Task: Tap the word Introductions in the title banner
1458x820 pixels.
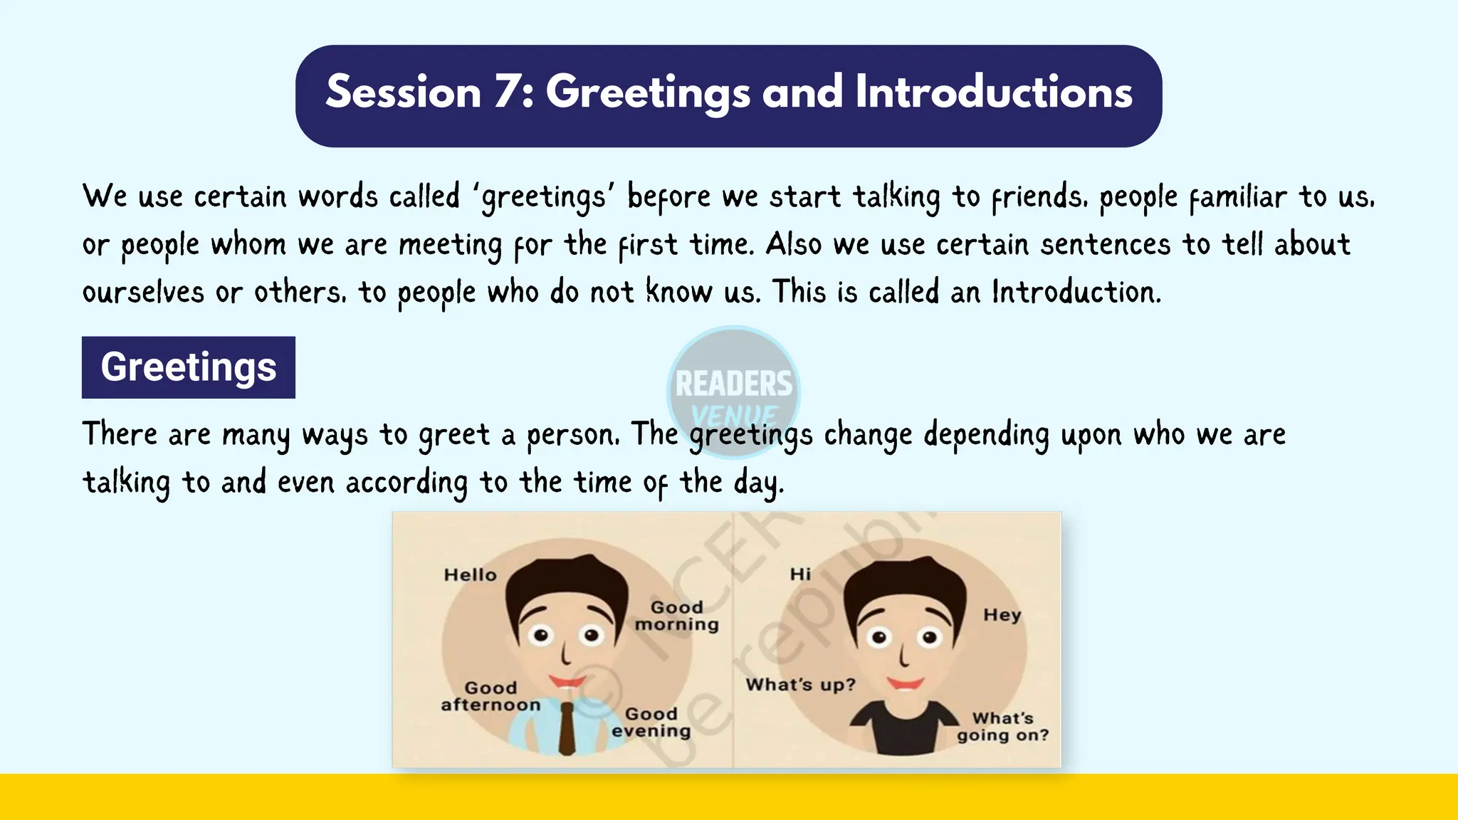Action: coord(993,93)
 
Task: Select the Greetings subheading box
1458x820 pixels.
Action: coord(189,367)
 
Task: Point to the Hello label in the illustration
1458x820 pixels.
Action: coord(470,575)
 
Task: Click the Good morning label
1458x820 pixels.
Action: coord(676,616)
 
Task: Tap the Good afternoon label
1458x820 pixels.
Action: coord(491,697)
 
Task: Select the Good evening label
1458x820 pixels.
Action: coord(651,723)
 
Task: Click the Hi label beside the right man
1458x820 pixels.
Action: coord(800,574)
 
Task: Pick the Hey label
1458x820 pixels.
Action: coord(1002,615)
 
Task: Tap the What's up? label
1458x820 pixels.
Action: coord(800,685)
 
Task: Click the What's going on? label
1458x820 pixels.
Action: coord(1002,727)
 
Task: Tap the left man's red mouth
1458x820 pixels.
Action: coord(567,681)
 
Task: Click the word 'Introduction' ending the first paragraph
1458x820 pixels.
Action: coord(1075,293)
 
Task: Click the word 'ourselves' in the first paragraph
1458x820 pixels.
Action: coord(143,293)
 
